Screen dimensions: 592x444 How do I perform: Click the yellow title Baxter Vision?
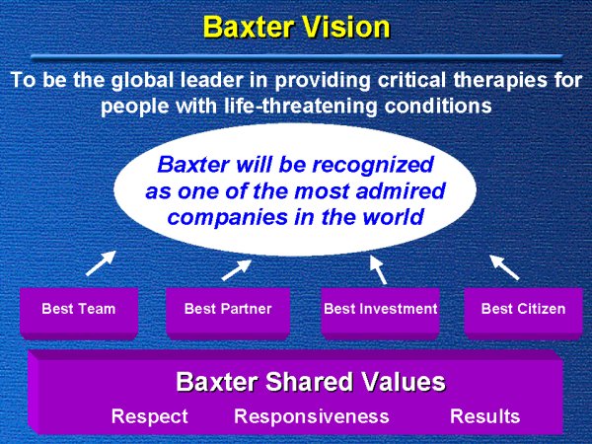point(296,28)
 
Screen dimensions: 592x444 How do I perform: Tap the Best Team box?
point(79,314)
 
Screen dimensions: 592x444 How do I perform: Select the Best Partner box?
point(228,314)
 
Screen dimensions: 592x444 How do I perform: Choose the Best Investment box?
point(380,314)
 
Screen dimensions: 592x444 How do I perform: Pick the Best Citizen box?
point(523,314)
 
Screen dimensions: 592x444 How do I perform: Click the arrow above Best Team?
point(101,263)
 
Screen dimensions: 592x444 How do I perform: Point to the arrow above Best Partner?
point(237,270)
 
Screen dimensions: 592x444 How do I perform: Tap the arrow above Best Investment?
point(378,269)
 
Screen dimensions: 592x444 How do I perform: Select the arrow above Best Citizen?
point(504,267)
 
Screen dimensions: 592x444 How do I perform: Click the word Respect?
point(150,416)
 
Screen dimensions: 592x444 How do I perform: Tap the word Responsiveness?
point(312,416)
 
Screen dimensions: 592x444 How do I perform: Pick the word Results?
point(484,416)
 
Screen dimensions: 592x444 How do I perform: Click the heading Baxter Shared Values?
point(311,382)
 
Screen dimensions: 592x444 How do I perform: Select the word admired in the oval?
point(401,191)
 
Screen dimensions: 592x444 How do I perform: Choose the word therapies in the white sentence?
point(500,81)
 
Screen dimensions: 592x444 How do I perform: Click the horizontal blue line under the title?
point(296,57)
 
